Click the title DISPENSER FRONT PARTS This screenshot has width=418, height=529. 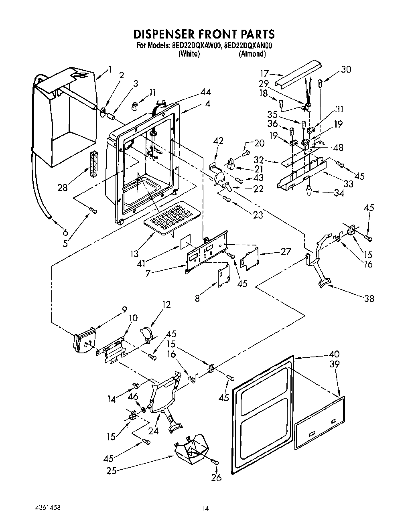(x=203, y=33)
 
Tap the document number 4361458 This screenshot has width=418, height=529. (x=48, y=508)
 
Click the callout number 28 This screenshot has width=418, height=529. (x=63, y=187)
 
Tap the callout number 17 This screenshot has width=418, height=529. (x=264, y=74)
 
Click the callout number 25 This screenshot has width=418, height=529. (x=111, y=471)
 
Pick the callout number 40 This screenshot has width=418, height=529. (x=334, y=354)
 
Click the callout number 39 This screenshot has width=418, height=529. (x=334, y=364)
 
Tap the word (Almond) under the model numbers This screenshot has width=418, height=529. (x=252, y=54)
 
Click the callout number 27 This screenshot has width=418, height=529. (x=286, y=252)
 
